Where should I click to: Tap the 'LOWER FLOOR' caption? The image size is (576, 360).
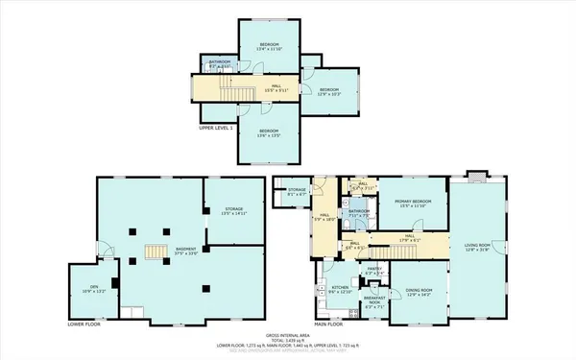click(84, 324)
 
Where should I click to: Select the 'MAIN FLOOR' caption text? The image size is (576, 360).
click(328, 324)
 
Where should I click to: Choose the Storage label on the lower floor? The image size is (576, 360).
click(233, 211)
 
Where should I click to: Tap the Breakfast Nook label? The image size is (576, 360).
click(374, 302)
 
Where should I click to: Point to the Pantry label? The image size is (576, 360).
click(374, 271)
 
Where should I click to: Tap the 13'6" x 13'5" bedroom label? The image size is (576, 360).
click(268, 132)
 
